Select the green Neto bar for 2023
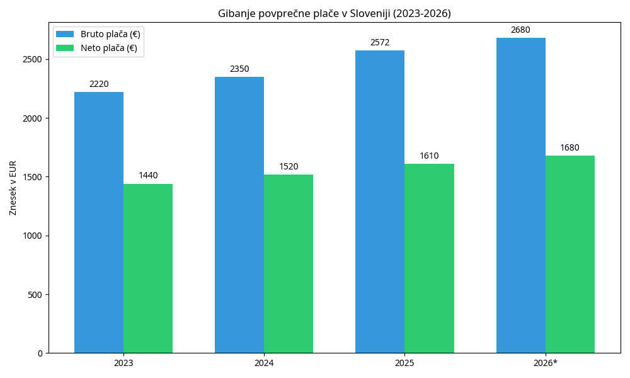(148, 268)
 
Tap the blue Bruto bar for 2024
(239, 215)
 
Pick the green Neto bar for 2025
(429, 258)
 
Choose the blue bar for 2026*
(521, 195)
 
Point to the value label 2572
(380, 43)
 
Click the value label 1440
(148, 176)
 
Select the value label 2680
(521, 30)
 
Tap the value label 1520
(289, 167)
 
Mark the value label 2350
(239, 69)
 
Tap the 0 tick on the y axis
(40, 353)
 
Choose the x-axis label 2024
(264, 364)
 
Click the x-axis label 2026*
(546, 364)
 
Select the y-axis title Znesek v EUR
(13, 188)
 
